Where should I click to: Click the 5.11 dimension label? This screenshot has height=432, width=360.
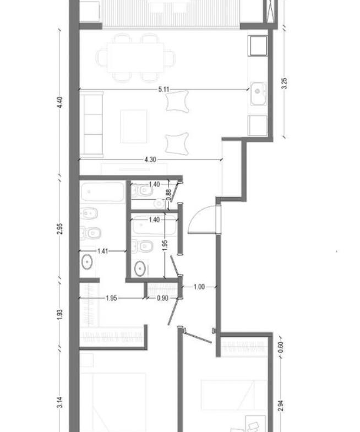(x=163, y=89)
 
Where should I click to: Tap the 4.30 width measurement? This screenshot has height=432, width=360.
(x=150, y=160)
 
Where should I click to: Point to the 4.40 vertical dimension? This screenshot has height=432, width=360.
(x=61, y=102)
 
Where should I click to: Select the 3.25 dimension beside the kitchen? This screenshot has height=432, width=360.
(x=285, y=83)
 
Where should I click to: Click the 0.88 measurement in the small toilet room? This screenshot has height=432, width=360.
(x=168, y=195)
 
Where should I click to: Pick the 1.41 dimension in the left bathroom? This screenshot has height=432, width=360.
(x=102, y=251)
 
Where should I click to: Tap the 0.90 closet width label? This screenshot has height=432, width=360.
(x=162, y=298)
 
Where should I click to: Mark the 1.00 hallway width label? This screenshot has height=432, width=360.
(x=199, y=287)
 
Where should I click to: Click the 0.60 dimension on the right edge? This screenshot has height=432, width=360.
(x=280, y=347)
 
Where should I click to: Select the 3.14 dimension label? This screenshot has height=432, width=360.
(x=61, y=402)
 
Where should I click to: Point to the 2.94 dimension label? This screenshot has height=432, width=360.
(x=280, y=406)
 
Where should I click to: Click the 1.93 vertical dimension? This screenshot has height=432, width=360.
(x=61, y=315)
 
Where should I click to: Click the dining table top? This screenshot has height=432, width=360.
(x=135, y=58)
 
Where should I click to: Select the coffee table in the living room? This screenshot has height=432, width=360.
(x=133, y=126)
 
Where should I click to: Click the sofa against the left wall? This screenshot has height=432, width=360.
(x=91, y=124)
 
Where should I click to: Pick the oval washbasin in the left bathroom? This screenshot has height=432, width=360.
(x=87, y=262)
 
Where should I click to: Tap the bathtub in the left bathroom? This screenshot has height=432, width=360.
(x=102, y=192)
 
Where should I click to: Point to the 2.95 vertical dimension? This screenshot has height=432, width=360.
(x=61, y=229)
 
